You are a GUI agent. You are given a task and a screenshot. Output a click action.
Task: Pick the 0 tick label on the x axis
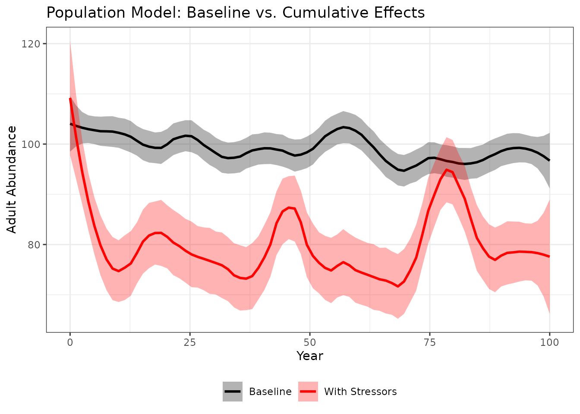pos(70,342)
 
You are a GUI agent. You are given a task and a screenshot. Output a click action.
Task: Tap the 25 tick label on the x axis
pos(190,342)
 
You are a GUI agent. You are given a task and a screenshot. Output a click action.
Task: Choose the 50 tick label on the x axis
pos(310,342)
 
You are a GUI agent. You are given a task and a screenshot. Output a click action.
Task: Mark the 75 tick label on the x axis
pos(429,342)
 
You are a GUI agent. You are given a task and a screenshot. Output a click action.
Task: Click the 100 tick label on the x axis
pos(549,342)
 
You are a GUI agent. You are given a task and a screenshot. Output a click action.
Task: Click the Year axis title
pos(310,356)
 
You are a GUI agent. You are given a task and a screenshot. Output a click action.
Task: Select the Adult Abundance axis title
pos(12,179)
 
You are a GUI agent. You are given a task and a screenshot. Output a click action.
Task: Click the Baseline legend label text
pos(270,392)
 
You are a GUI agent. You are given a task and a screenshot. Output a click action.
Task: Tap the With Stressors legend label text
pos(360,392)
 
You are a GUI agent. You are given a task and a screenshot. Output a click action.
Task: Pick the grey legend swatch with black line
pos(233,392)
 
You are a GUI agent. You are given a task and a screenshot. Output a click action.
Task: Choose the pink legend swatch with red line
pos(308,392)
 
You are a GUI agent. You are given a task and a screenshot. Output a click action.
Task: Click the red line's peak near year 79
pos(447,169)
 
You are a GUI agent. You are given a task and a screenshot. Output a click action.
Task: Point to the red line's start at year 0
pos(70,99)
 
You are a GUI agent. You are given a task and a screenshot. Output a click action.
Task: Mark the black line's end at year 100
pos(549,160)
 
